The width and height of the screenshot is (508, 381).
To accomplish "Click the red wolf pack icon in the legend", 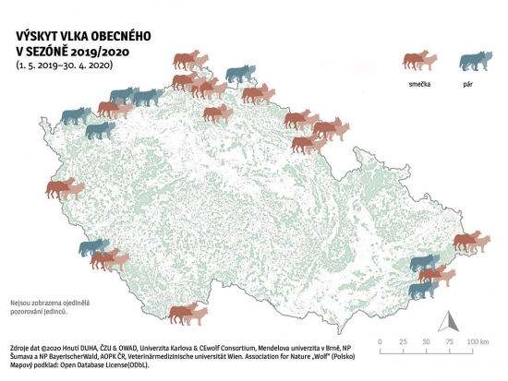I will [419, 61].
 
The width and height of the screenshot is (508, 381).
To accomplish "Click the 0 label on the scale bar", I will [381, 342].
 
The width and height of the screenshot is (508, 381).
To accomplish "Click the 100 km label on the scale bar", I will [477, 342].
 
